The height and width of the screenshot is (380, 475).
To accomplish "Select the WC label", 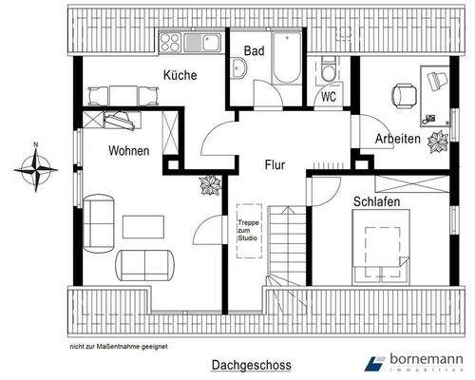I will (x=329, y=96).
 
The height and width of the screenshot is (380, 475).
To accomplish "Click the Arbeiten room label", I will (x=396, y=139).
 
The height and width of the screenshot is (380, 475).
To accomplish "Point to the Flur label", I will (x=275, y=163).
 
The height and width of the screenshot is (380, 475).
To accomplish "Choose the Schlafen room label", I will (x=375, y=201).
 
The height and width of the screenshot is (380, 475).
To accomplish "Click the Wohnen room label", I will (x=128, y=151).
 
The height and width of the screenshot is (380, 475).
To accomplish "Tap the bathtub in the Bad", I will (x=286, y=65).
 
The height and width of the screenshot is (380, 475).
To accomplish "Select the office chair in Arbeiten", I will (x=403, y=93).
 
